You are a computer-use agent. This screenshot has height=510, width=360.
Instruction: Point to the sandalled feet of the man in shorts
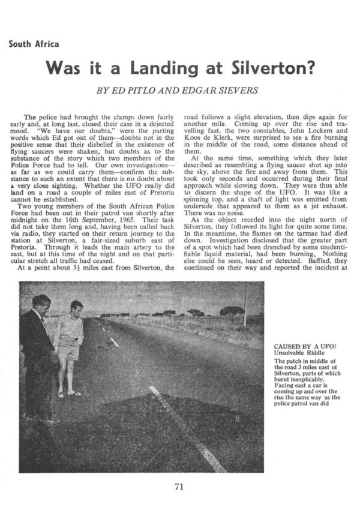pyautogui.click(x=68, y=394)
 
